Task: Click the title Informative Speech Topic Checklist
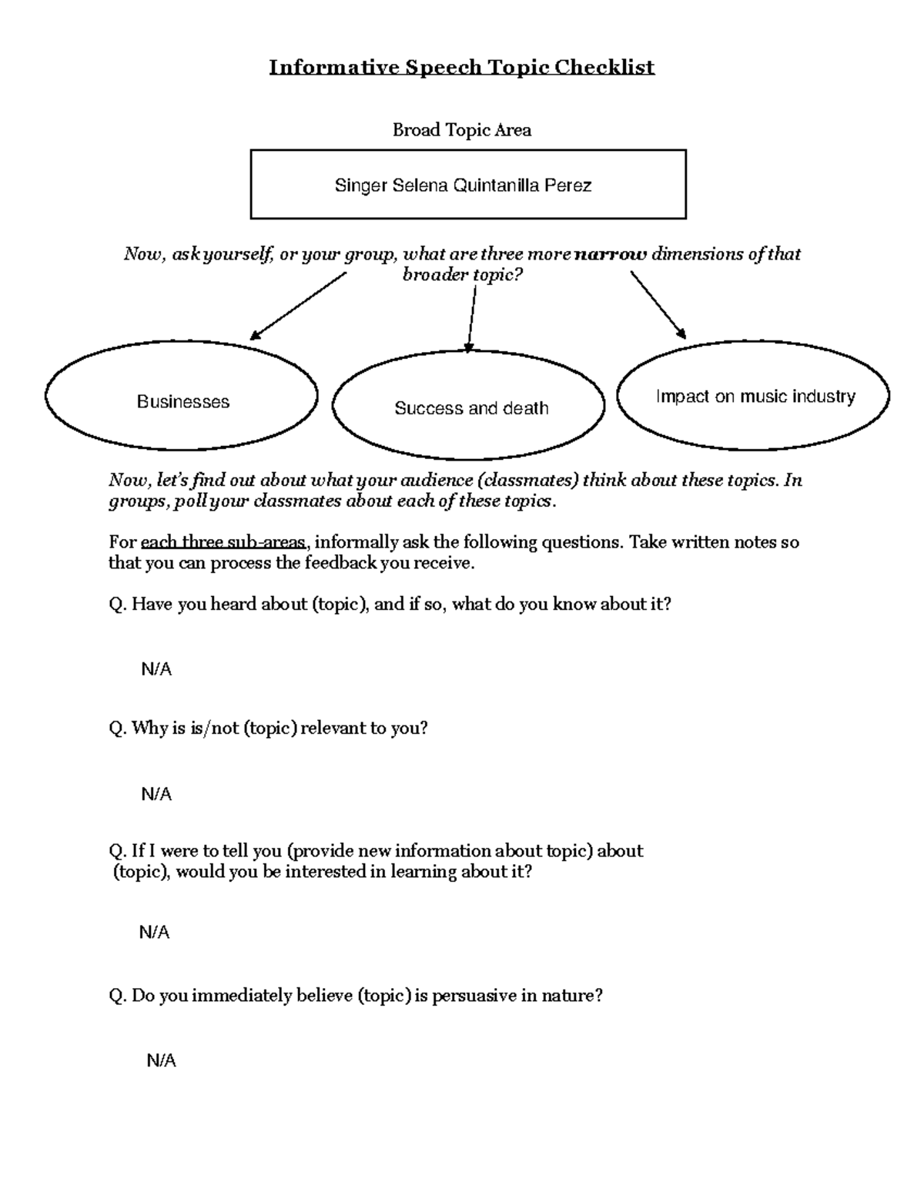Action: click(461, 67)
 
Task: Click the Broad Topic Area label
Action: click(461, 130)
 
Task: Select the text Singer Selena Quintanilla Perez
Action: click(463, 185)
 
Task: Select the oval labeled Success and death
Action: click(468, 406)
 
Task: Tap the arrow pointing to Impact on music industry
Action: click(658, 305)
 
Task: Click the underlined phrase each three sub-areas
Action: click(223, 542)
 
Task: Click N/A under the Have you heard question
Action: click(156, 669)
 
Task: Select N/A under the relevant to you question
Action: click(156, 794)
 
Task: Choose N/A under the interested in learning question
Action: click(154, 933)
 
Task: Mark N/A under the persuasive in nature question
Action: click(161, 1060)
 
